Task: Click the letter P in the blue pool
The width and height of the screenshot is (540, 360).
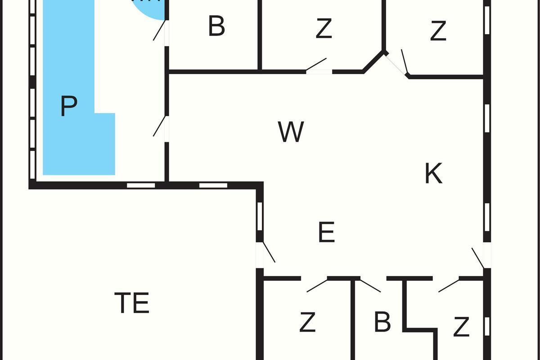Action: tap(68, 106)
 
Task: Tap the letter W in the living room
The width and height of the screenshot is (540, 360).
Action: tap(291, 132)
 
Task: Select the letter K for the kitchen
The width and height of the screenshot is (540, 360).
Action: tap(433, 174)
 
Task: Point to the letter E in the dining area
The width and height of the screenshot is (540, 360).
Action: tap(326, 233)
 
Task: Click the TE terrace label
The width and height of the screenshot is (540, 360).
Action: tap(131, 303)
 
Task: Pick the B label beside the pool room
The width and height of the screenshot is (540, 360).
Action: tap(216, 27)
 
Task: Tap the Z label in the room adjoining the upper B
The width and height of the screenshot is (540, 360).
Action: tap(324, 29)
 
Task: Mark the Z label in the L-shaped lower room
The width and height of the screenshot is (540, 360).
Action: tap(461, 327)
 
